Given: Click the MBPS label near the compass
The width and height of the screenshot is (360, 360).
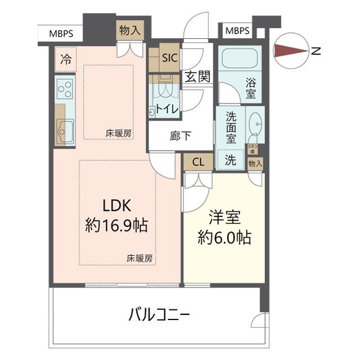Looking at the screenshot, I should click(x=237, y=31).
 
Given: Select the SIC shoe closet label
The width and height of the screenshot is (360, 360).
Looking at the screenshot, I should click(x=169, y=57).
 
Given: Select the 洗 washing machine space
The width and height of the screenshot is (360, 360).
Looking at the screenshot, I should click(x=231, y=160).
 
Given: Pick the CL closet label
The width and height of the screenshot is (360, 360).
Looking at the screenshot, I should click(x=198, y=163).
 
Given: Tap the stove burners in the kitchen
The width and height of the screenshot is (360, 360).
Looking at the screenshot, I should click(x=65, y=90).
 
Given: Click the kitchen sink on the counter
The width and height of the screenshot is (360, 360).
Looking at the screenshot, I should click(x=65, y=128).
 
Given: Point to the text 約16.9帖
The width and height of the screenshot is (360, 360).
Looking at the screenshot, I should click(x=116, y=226).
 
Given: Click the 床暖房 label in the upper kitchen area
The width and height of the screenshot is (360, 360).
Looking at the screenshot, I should click(x=119, y=133).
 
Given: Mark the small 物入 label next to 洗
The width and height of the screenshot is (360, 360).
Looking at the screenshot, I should click(x=255, y=163).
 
